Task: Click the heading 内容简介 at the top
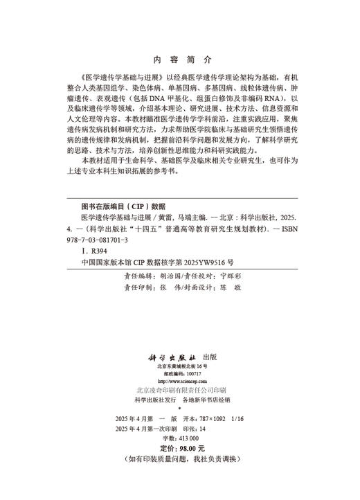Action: [x=180, y=60]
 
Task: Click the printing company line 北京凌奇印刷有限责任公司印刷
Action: [x=178, y=390]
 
